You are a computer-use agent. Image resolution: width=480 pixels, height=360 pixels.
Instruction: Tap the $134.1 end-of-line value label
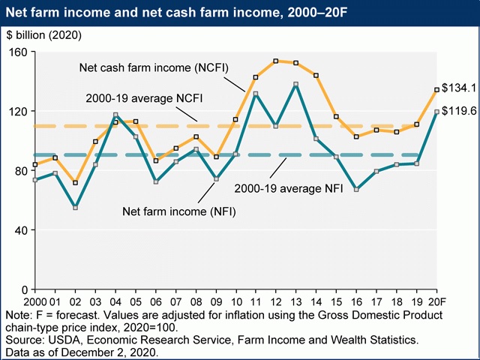coord(459,88)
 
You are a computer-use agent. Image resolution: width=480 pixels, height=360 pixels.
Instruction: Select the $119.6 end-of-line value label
coord(459,111)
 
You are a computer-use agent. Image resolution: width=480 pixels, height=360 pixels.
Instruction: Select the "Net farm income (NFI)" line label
coord(178,211)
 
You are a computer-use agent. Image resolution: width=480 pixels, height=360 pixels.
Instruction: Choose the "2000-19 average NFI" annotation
coord(289,188)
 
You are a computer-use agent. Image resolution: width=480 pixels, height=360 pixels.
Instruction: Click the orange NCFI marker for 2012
coord(276,61)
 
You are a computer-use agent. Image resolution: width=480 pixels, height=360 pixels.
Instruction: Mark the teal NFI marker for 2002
coord(75,207)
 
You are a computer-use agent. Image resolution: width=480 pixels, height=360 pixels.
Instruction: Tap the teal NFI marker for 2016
coord(357,190)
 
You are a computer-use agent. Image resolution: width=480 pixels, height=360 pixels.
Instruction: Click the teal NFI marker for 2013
coord(296,84)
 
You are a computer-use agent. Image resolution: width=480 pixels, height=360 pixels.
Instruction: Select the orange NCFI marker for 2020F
coord(437,90)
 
